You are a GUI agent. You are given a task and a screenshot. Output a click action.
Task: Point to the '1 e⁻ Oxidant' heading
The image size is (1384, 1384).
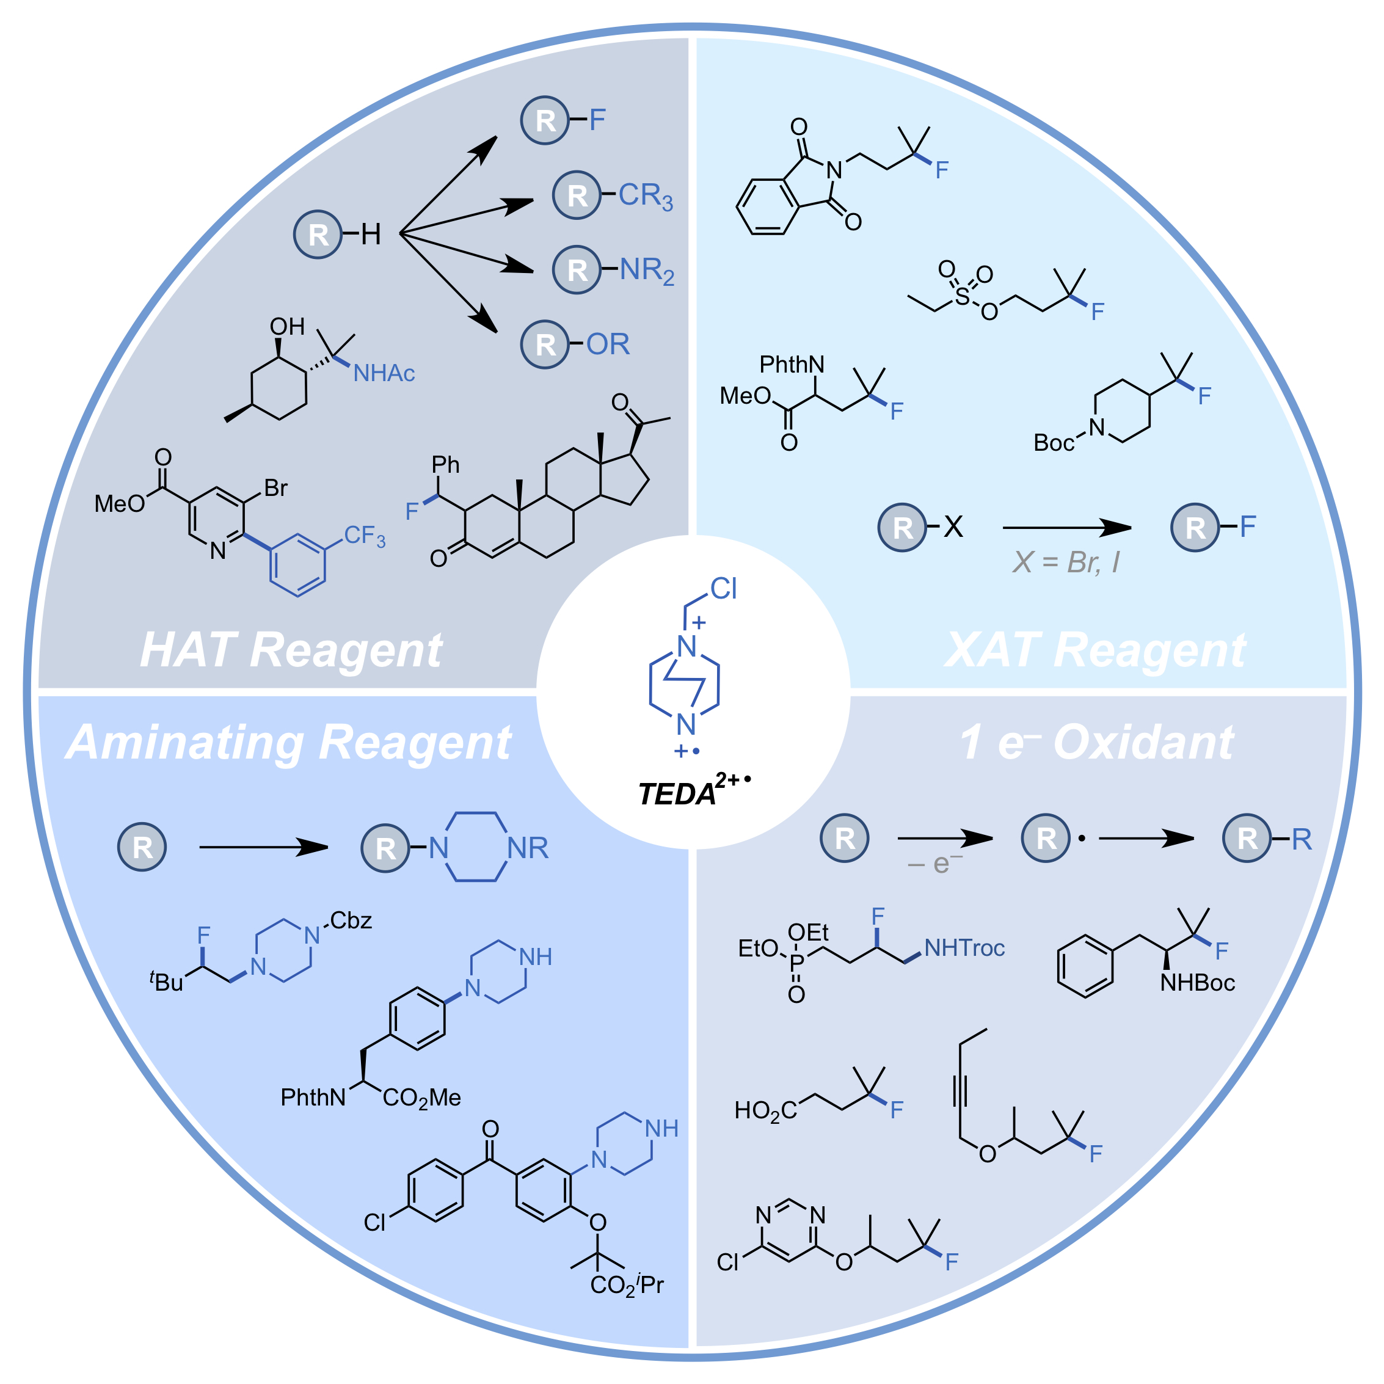1097,742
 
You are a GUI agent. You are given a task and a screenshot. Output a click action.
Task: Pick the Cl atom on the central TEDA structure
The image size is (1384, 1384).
724,589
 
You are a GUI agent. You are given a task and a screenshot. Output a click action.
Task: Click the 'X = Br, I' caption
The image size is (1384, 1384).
1066,563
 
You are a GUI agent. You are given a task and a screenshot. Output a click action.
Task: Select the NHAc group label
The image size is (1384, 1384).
384,373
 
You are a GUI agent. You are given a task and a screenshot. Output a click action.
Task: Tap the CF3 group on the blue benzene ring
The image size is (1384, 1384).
365,536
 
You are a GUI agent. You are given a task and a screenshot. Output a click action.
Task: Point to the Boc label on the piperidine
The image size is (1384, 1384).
1054,443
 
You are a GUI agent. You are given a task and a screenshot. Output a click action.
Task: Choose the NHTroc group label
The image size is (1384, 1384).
964,948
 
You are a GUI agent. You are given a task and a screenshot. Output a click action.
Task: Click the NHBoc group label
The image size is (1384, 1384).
1198,982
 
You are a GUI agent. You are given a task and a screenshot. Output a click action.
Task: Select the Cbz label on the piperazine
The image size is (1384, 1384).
351,920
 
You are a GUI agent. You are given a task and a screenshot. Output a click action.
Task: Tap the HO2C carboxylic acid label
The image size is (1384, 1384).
765,1111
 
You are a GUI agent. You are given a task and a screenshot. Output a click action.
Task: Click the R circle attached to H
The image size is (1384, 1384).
318,235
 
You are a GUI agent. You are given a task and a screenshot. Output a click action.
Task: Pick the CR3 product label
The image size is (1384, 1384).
646,195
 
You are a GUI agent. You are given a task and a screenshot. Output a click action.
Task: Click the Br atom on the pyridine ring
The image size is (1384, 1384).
276,488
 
